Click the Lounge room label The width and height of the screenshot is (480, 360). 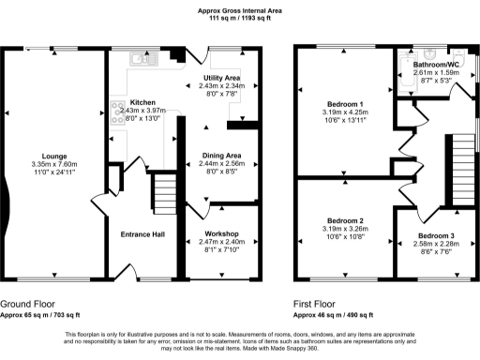(54, 156)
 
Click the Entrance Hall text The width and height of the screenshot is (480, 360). (142, 233)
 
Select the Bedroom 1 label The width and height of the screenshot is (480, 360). (346, 102)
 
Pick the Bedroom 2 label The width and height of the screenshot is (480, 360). (346, 220)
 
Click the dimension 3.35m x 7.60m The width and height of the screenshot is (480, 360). (54, 165)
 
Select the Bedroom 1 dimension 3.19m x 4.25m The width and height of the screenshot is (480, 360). (346, 112)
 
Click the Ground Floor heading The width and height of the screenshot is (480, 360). (27, 304)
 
